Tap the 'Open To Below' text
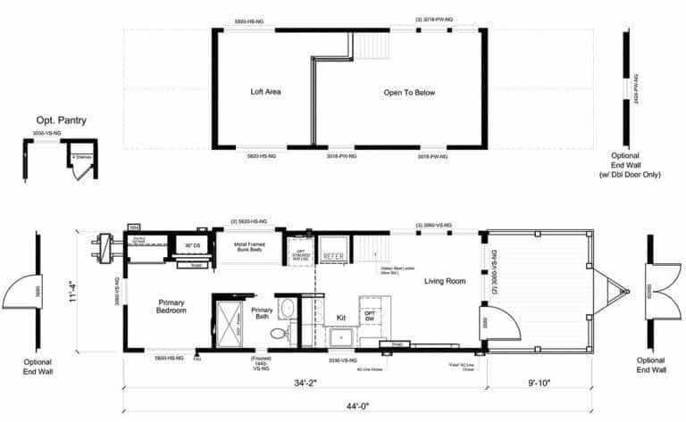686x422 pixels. click(409, 93)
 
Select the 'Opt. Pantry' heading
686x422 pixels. click(62, 120)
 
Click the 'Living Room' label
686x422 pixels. click(444, 281)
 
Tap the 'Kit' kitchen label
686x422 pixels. click(340, 317)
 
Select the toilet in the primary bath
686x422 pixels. click(277, 335)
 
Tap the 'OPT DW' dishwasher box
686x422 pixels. click(370, 317)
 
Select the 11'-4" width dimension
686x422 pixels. click(82, 291)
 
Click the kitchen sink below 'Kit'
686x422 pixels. click(341, 338)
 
